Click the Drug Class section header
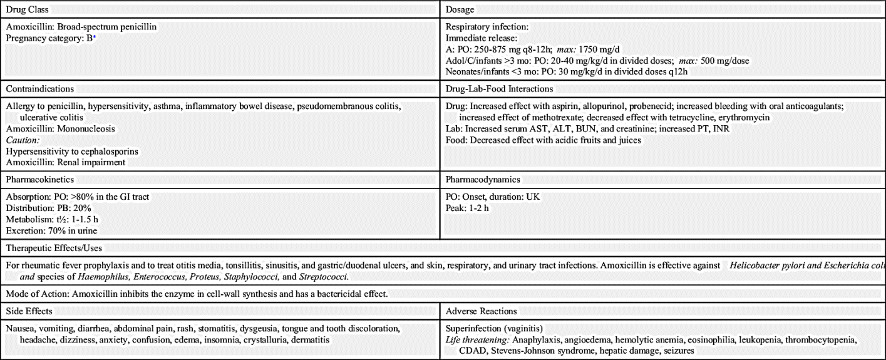coord(28,10)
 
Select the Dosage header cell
coord(460,10)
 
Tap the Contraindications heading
coord(40,89)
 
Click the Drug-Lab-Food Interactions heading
coord(499,89)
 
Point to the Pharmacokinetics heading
coord(40,180)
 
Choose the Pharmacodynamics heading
coord(483,180)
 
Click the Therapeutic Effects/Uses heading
coord(54,249)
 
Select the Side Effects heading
coord(29,311)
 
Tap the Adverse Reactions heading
coord(481,311)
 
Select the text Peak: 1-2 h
coord(467,208)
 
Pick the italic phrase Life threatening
coord(476,339)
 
